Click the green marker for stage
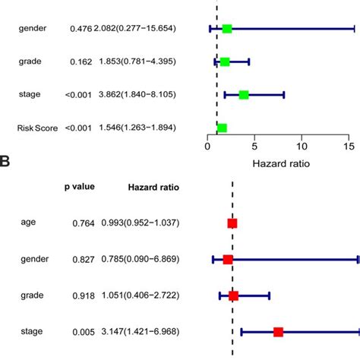244,95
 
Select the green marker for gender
227,29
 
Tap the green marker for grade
225,62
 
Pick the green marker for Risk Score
222,128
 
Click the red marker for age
232,223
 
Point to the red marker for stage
279,332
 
